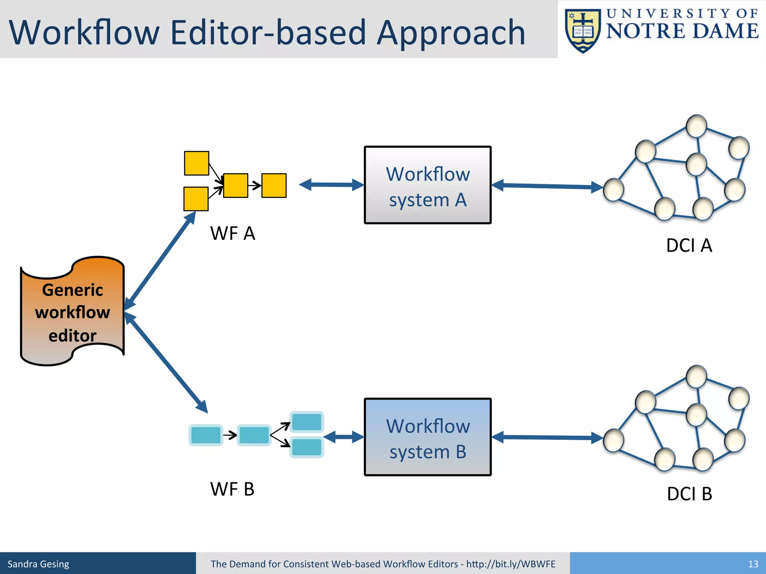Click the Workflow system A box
tap(428, 185)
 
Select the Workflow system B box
tap(428, 437)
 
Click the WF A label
tap(232, 234)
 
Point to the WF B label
tap(232, 489)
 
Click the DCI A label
tap(689, 246)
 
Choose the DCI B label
tap(689, 494)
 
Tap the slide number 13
tap(753, 564)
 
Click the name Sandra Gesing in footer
tap(39, 564)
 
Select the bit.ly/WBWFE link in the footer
tap(511, 564)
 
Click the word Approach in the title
tap(451, 33)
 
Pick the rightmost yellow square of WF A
tap(274, 185)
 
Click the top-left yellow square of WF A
tap(196, 163)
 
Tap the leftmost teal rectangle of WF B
tap(206, 435)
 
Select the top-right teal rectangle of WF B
tap(307, 422)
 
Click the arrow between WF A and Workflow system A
tap(331, 185)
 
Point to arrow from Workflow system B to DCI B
tap(547, 437)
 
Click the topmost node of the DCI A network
tap(696, 126)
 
